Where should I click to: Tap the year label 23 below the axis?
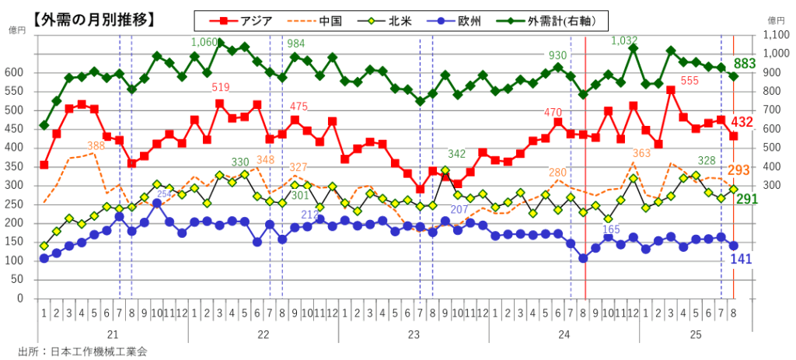pos(414,334)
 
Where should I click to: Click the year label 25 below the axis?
pos(715,334)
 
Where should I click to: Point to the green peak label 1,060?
pos(204,42)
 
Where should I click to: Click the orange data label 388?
pos(96,145)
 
